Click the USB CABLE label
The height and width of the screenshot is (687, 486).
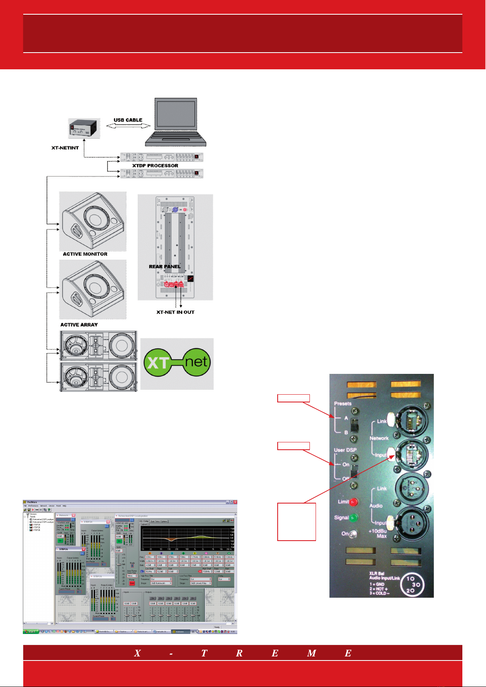128,120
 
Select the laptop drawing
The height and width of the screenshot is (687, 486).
176,122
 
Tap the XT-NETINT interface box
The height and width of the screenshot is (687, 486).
84,129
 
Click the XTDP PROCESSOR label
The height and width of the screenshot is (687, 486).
155,166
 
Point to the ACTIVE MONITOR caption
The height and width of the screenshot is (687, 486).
85,254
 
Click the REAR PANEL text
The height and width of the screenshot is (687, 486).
165,267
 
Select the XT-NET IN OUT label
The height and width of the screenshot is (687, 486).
175,312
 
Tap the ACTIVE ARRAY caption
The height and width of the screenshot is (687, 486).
79,325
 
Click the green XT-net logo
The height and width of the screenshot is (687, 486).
177,362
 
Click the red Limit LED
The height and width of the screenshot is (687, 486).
353,502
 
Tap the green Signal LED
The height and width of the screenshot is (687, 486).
353,518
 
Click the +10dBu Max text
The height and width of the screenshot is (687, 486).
378,534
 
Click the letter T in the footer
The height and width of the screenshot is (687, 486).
204,654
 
